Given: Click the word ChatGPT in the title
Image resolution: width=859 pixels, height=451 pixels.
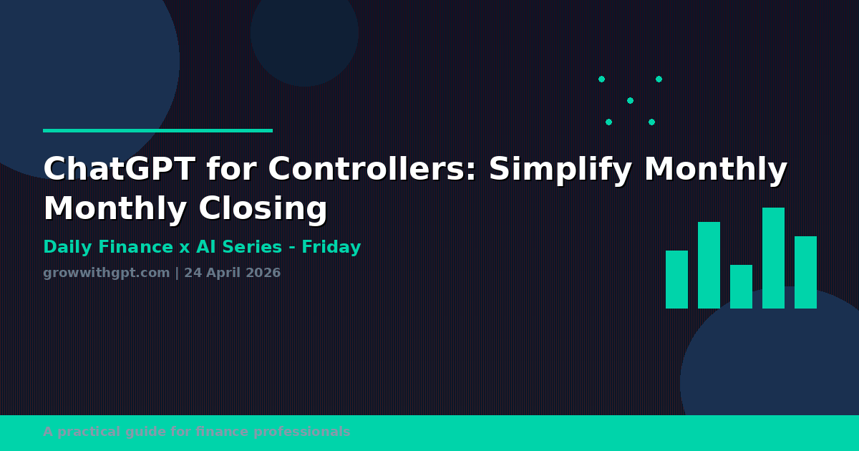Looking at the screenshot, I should [x=119, y=170].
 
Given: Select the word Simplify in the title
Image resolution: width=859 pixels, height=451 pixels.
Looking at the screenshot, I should [x=560, y=170].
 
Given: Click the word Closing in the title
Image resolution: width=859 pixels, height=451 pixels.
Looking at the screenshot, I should [x=263, y=209].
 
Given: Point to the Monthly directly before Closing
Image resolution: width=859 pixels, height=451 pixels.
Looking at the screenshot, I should [x=115, y=209].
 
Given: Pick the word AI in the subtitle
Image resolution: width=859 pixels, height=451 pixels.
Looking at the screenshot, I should [x=206, y=248].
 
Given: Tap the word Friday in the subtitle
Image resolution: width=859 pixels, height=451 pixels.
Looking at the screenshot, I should [x=331, y=248].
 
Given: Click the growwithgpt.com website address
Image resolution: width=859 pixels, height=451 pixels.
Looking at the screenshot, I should [x=106, y=273].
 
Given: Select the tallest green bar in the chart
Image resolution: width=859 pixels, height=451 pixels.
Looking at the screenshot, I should [x=773, y=258].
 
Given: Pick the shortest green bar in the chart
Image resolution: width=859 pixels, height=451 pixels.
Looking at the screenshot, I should [x=741, y=286].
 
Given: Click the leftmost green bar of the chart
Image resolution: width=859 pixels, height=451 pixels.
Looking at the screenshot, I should [x=676, y=279].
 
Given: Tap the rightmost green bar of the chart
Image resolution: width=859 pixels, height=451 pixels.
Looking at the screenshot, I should [x=805, y=272].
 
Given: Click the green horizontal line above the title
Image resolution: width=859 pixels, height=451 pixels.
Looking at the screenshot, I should [x=157, y=130].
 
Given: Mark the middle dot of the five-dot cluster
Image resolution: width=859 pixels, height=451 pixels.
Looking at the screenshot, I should [x=630, y=100].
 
